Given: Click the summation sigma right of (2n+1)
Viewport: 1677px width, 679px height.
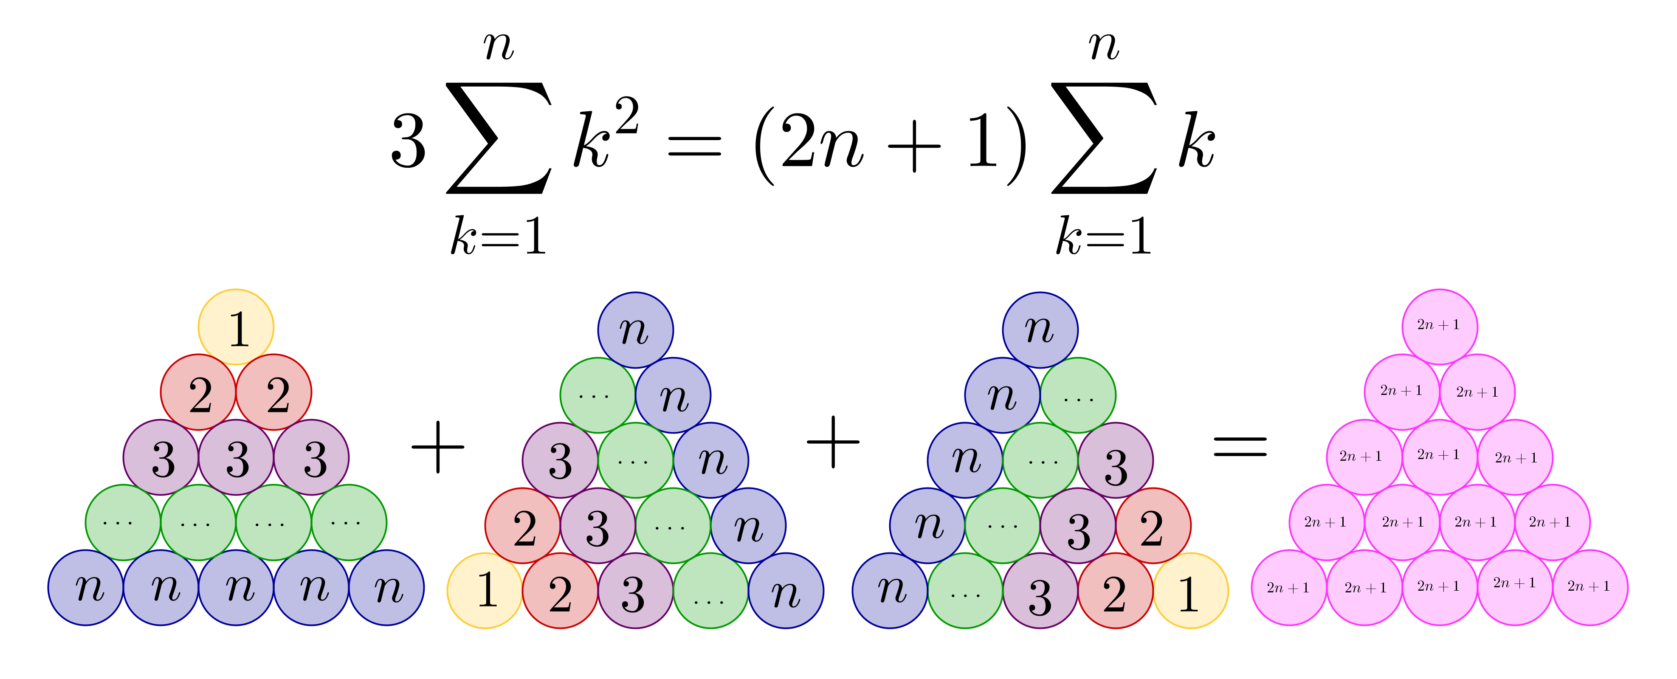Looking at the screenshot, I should pos(1104,138).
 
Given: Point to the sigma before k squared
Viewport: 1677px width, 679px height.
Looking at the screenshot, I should pos(499,138).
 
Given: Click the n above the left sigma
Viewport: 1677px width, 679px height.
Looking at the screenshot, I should pos(499,47).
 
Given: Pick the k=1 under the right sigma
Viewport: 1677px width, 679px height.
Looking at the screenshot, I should pos(1104,236).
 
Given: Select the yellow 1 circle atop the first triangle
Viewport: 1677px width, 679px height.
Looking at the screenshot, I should pos(236,327).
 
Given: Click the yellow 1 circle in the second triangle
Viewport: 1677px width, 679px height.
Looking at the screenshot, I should pos(485,591).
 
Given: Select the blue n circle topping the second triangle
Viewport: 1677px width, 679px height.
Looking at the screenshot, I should pos(635,330).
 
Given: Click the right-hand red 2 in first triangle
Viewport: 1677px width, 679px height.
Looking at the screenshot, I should pos(274,392).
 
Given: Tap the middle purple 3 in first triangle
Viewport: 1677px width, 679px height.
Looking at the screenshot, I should pos(236,458).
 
